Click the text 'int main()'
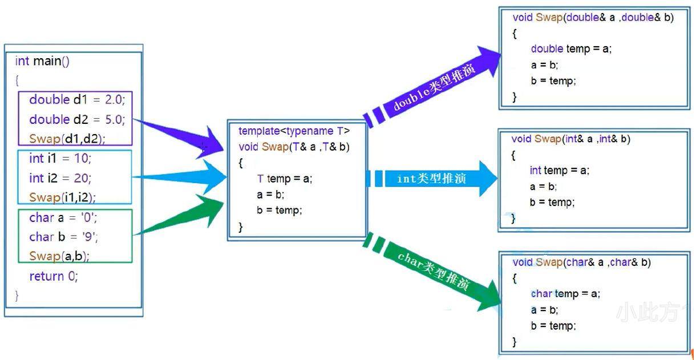(x=42, y=61)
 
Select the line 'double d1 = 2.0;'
(x=76, y=100)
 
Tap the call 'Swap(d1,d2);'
(x=67, y=139)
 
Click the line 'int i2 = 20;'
(x=60, y=178)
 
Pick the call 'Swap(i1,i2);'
(x=62, y=197)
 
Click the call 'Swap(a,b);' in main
(x=59, y=256)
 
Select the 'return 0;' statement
(x=54, y=277)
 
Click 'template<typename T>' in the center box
(x=294, y=131)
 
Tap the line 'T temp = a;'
(x=285, y=179)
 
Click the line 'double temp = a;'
(x=571, y=49)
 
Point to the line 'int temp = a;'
(x=559, y=170)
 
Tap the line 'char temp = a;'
(x=565, y=294)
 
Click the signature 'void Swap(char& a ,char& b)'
(x=581, y=262)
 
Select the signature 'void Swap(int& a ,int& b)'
(x=570, y=139)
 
